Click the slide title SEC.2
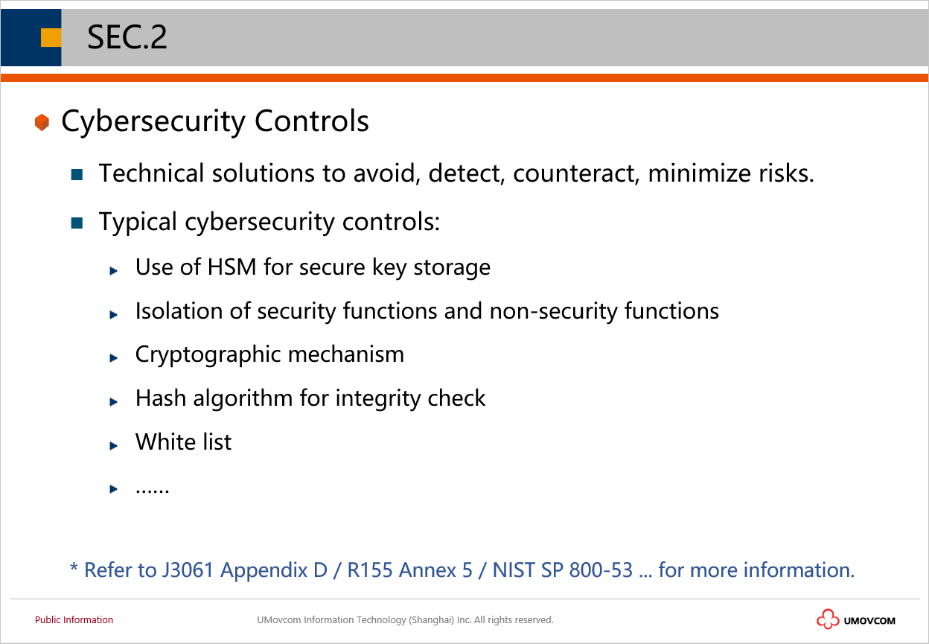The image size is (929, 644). point(127,37)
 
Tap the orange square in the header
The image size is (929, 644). point(51,38)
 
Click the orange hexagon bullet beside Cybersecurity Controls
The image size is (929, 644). point(42,122)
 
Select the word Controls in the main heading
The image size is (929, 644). point(311,121)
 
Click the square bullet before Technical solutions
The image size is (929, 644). point(77,174)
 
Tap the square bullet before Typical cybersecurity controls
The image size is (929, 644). point(77,223)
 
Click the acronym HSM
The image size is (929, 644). point(232,267)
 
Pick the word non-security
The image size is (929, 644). point(554,311)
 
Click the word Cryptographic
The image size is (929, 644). point(208,355)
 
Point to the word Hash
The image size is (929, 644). point(161,398)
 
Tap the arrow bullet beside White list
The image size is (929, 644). point(113,446)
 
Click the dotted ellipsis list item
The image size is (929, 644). point(152,490)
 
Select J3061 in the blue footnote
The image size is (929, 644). point(188,570)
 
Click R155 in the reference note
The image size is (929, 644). point(369,570)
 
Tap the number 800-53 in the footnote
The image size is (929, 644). point(601,570)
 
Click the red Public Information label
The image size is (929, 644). point(74,619)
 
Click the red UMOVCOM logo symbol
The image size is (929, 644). point(828,619)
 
